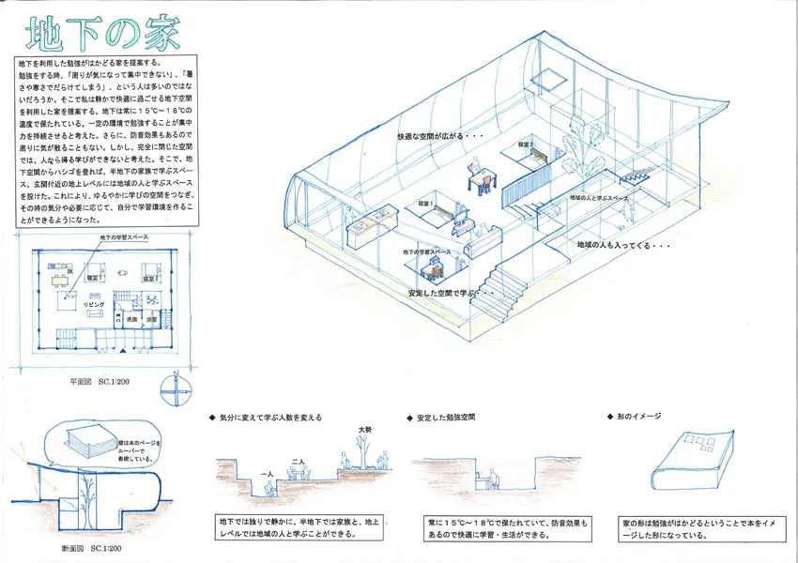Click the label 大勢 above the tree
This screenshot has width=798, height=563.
364,430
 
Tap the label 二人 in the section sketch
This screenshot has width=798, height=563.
298,462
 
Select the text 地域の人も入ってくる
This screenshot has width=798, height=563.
623,245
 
